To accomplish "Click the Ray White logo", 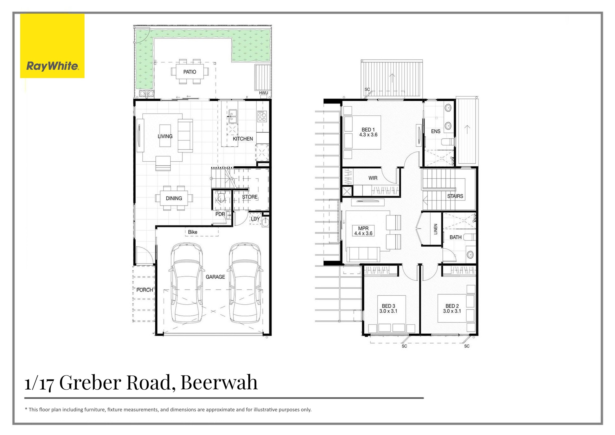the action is click(x=52, y=46).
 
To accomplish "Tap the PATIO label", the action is click(x=190, y=72).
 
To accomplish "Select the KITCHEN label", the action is click(x=243, y=139).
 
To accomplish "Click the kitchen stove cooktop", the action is click(x=262, y=116).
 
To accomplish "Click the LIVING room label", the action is click(x=165, y=136).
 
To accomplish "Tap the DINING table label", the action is click(x=174, y=198).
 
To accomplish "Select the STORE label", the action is click(x=250, y=197).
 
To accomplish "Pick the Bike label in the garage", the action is click(x=193, y=232).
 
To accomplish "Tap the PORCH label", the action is click(x=145, y=290).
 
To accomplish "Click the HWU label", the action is click(x=263, y=93).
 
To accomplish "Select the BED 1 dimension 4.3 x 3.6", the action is click(x=368, y=135).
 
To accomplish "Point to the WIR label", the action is click(x=373, y=178).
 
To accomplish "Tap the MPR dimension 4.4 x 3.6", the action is click(x=363, y=233).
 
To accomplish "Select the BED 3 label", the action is click(x=388, y=306).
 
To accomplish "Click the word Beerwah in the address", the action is click(x=219, y=382).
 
